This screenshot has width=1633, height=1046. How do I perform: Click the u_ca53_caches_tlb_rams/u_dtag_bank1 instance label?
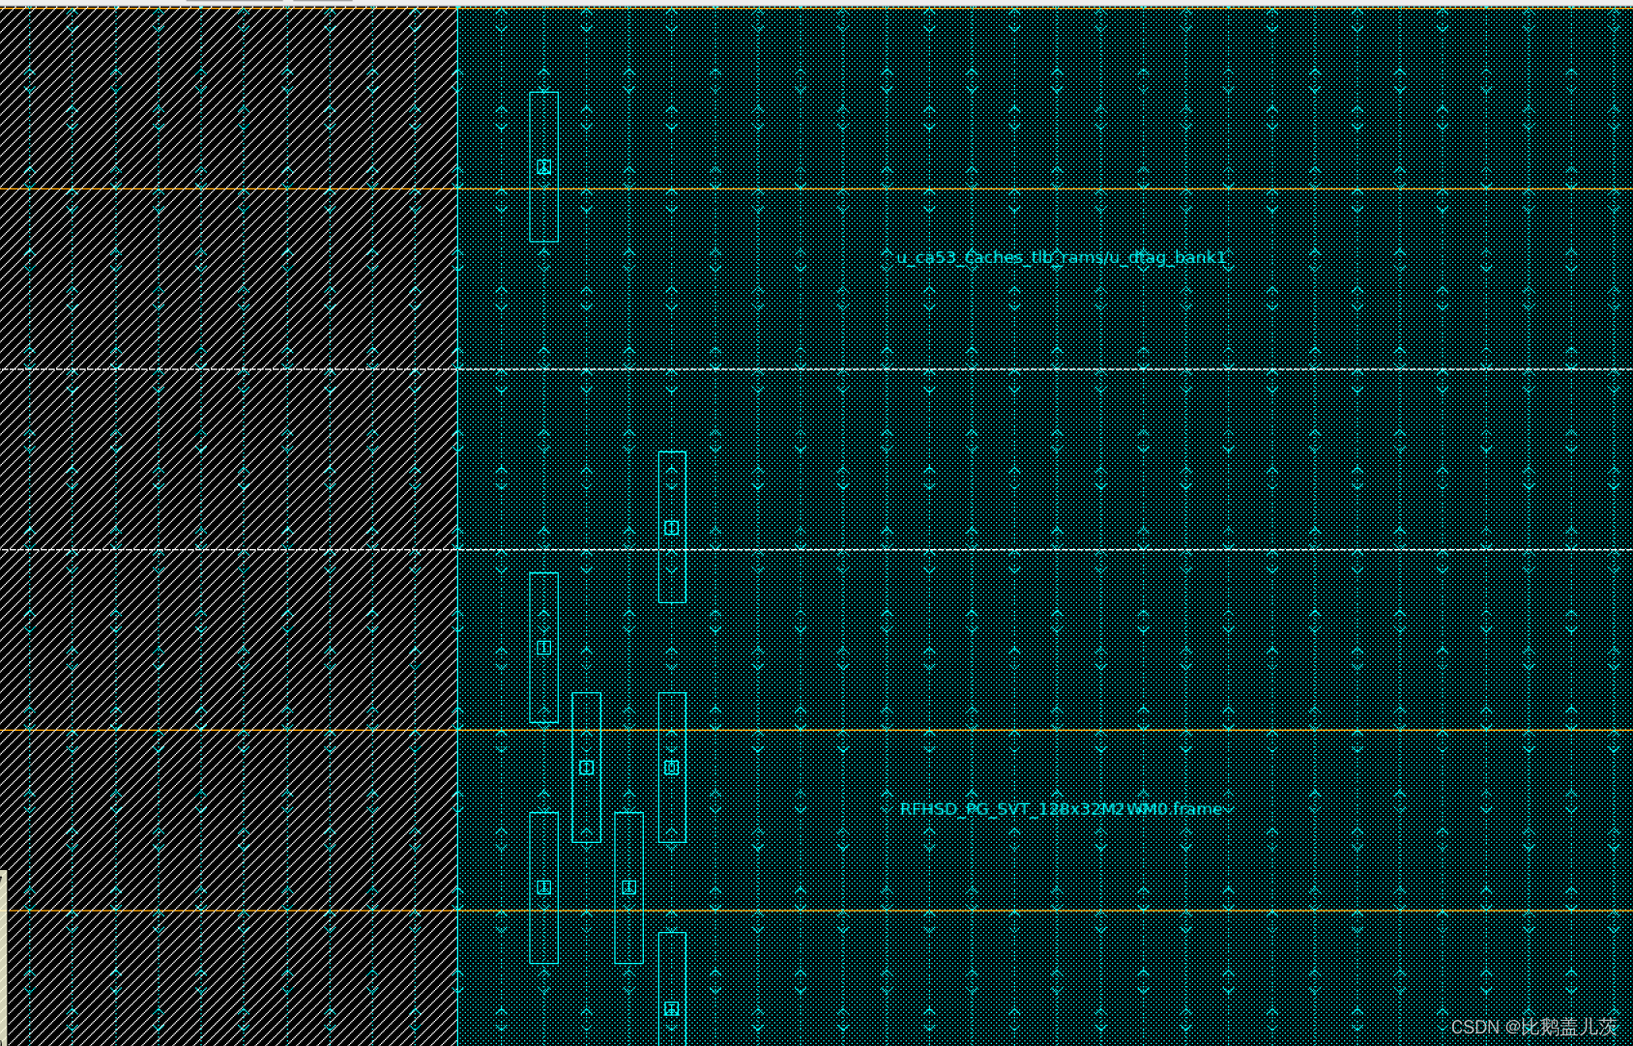pos(1062,257)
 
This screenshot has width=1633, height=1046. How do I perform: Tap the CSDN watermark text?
pos(1533,1027)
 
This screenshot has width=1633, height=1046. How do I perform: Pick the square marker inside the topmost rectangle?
pos(544,167)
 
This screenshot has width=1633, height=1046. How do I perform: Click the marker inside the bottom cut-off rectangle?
pos(672,1008)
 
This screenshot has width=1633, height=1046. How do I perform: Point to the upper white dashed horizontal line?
pos(967,369)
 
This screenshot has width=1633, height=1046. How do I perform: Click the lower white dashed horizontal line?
pos(967,550)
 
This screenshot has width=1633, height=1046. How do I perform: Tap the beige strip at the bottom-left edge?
pos(3,957)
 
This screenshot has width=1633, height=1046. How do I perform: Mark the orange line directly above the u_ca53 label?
pos(967,189)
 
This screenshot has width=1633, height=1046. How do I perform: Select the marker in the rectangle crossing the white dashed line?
pos(672,528)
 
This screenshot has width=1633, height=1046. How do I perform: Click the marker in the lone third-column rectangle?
pos(629,887)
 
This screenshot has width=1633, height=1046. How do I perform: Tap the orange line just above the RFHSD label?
pos(967,730)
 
